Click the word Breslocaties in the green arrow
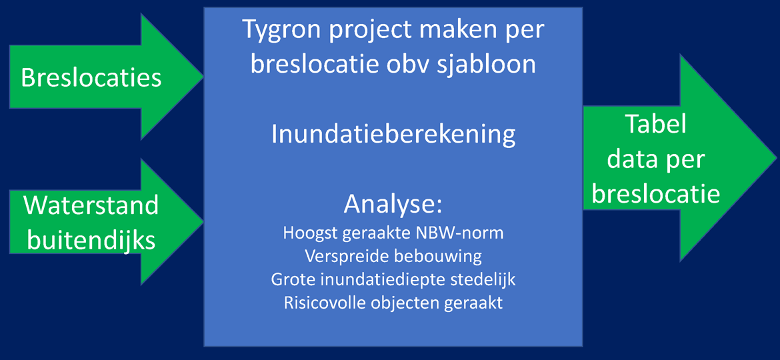[91, 78]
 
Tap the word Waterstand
[92, 205]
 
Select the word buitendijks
[91, 241]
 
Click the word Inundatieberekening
[393, 135]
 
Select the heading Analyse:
[393, 205]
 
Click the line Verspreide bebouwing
[393, 256]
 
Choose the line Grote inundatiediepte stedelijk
[393, 279]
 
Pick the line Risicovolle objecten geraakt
[393, 303]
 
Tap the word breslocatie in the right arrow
[656, 195]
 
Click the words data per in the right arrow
[656, 160]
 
